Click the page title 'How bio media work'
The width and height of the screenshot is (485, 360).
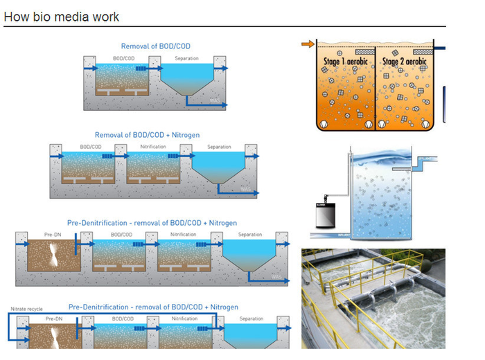click(62, 17)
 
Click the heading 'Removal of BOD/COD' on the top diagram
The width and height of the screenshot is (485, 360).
click(156, 46)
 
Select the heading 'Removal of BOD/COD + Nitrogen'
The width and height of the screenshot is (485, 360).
click(146, 134)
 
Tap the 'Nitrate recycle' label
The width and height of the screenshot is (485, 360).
click(27, 309)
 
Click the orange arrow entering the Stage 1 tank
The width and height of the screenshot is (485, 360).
click(307, 45)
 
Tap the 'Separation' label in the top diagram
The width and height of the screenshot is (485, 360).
click(186, 58)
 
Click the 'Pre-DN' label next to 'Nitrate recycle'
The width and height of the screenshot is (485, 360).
click(54, 319)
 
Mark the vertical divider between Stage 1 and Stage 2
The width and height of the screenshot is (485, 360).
click(376, 87)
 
